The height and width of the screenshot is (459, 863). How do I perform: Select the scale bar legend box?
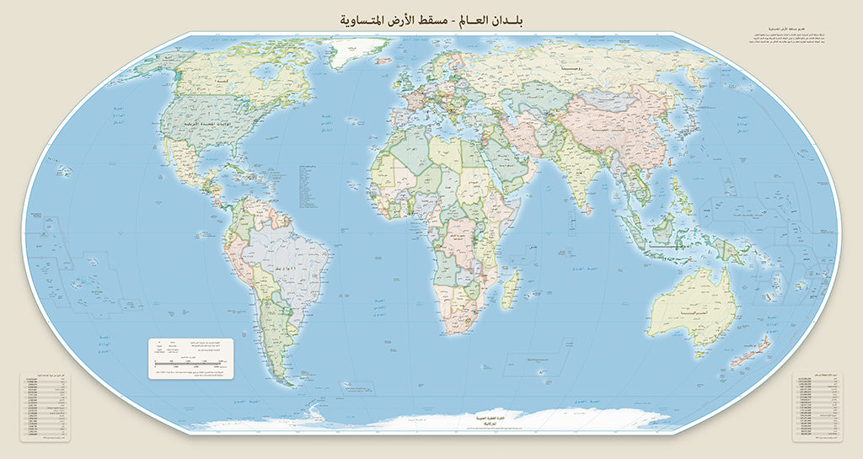click(x=191, y=359)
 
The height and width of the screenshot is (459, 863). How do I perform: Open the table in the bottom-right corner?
click(x=818, y=408)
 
